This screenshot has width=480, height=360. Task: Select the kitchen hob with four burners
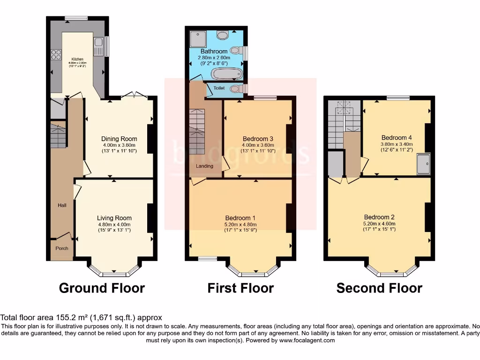tap(56, 55)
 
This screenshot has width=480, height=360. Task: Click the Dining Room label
tap(119, 139)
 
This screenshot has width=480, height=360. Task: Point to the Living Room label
tap(114, 218)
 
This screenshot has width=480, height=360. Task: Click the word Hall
tap(62, 205)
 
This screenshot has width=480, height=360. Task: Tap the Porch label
tap(62, 248)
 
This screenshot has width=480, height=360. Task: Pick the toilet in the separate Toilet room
tap(237, 88)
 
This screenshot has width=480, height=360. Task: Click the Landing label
tap(204, 166)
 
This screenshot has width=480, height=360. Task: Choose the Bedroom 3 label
tap(258, 139)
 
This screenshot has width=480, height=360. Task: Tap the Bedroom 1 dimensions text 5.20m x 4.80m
tap(240, 225)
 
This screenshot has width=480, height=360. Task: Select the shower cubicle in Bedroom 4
tap(423, 163)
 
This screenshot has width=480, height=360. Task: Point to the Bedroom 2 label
tap(379, 217)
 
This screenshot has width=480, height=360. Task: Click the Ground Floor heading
tap(102, 288)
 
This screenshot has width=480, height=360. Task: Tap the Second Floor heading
tap(379, 288)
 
